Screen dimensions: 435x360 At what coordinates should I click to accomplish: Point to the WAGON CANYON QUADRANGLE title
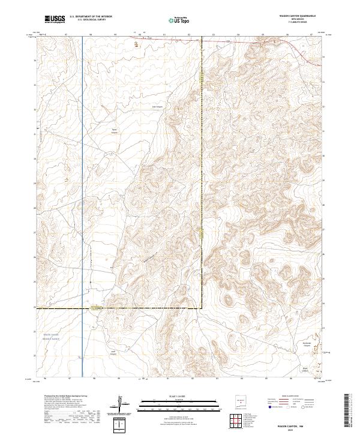point(296,17)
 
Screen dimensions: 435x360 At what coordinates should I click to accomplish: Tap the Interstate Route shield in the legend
point(266,406)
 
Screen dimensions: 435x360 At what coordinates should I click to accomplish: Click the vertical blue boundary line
point(82,180)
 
